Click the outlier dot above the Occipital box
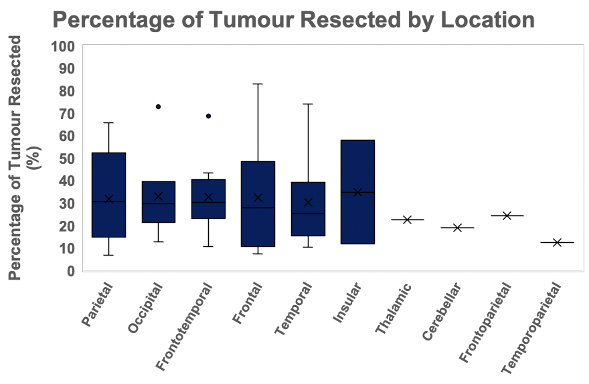[158, 106]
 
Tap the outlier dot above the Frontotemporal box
[208, 116]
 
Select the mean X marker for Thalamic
[407, 219]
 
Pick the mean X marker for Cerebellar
[457, 227]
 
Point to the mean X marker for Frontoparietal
[507, 215]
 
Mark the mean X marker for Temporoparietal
[557, 242]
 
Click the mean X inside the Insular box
[357, 192]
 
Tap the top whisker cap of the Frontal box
[258, 84]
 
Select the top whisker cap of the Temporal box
[308, 104]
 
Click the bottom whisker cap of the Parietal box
[108, 256]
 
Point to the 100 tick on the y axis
[63, 47]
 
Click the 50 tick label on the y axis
[67, 159]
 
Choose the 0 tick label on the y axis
[71, 271]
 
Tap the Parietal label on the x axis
[97, 305]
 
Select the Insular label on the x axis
[347, 302]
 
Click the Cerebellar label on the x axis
[441, 312]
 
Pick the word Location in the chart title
[487, 19]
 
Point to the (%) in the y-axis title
[35, 158]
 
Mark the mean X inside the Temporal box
[308, 202]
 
